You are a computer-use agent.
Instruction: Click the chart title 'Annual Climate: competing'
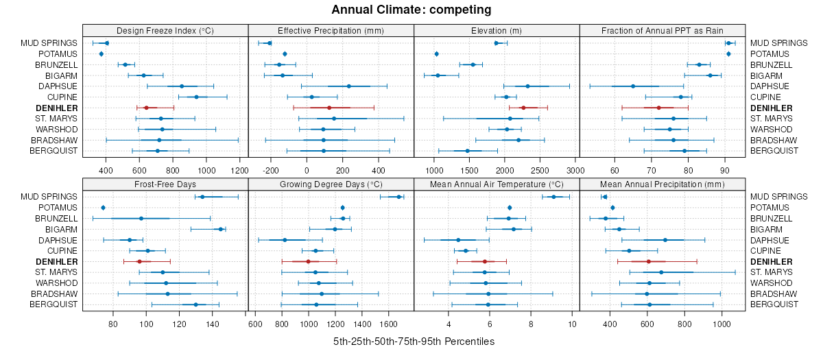(411, 10)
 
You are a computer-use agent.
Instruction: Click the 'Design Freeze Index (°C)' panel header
(165, 30)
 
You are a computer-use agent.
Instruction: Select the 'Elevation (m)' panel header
(497, 30)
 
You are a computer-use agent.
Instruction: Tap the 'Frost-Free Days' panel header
(165, 184)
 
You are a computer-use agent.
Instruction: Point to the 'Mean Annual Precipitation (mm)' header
(663, 184)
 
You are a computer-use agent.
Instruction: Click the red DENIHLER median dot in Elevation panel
(523, 108)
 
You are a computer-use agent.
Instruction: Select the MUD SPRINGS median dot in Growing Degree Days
(399, 197)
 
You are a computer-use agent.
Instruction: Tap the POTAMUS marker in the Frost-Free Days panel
(103, 208)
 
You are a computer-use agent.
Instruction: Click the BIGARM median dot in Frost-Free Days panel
(221, 229)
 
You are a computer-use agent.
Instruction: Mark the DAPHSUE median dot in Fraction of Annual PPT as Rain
(633, 86)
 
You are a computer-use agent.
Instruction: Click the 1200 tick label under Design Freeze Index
(239, 169)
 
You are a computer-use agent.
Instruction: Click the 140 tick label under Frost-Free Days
(213, 323)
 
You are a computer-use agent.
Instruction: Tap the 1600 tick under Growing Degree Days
(389, 323)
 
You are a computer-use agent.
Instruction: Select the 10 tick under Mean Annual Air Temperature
(573, 323)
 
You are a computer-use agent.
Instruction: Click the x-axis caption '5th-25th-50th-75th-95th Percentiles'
(414, 341)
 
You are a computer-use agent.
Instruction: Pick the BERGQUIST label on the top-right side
(773, 151)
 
